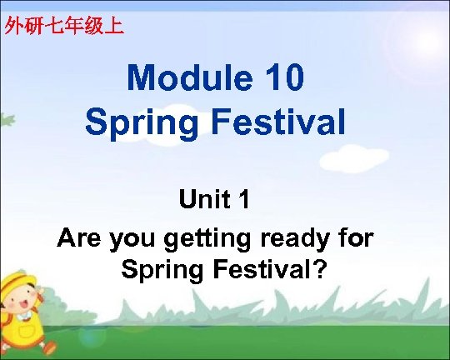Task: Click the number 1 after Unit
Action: [245, 201]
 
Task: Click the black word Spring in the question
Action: [159, 272]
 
